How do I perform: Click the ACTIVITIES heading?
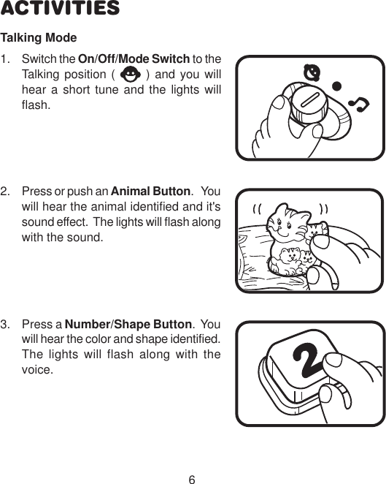60,10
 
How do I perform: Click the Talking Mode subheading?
39,37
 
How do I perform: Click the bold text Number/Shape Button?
128,325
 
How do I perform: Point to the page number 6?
192,479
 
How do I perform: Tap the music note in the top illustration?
358,106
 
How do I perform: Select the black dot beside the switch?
337,86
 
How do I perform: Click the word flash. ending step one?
36,105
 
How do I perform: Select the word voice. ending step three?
37,370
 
